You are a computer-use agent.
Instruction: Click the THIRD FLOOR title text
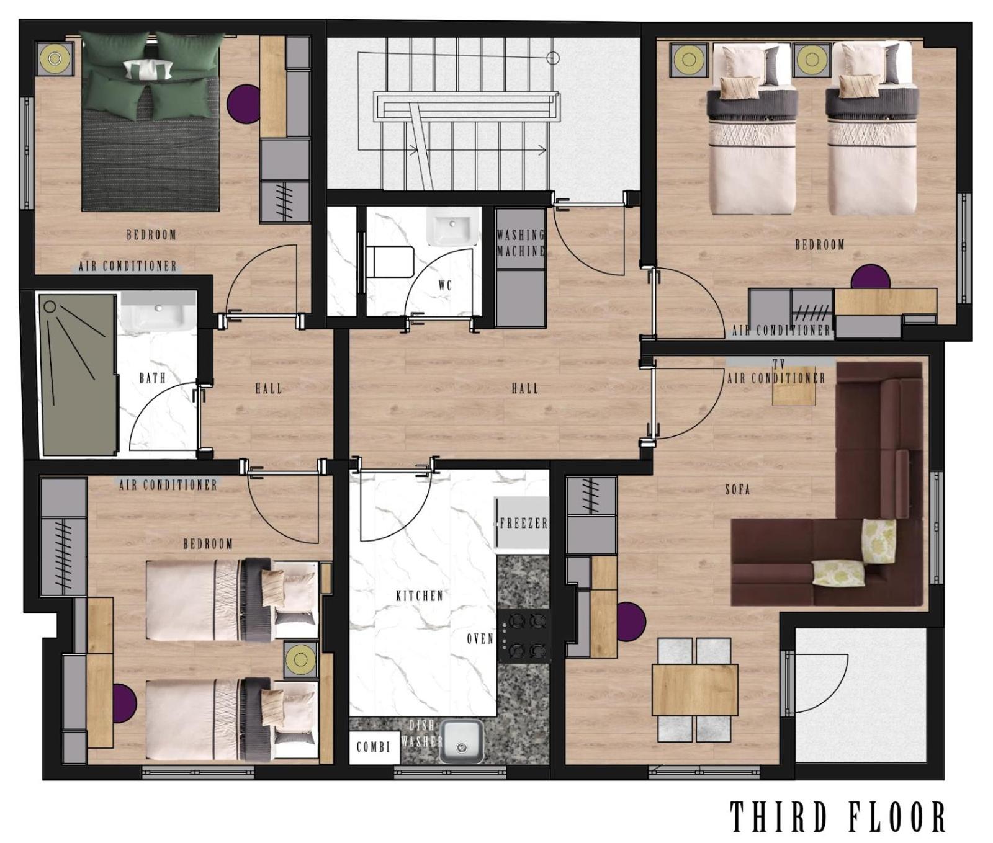click(x=837, y=816)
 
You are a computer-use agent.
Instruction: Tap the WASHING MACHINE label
click(x=521, y=243)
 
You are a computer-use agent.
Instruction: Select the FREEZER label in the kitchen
click(x=524, y=523)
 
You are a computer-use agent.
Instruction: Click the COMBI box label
click(x=373, y=747)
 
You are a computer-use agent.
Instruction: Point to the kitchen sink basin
click(x=462, y=742)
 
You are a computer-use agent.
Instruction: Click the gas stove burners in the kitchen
click(x=525, y=635)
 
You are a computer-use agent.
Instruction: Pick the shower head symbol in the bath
click(x=49, y=306)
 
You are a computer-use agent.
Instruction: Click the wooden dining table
click(x=694, y=690)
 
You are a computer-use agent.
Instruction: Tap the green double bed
click(x=151, y=121)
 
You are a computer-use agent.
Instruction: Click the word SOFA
click(x=738, y=489)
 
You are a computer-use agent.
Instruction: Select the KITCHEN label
click(x=420, y=595)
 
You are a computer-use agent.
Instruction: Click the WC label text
click(x=445, y=285)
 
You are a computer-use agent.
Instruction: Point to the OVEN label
click(x=480, y=638)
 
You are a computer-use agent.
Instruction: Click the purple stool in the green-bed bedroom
click(x=244, y=104)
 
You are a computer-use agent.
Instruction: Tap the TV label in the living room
click(x=779, y=363)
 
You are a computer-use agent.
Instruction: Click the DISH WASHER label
click(x=422, y=733)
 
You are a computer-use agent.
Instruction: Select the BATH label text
click(x=152, y=378)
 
